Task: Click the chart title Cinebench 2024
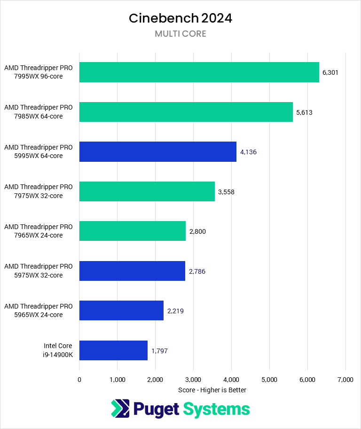180,18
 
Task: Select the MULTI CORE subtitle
180,34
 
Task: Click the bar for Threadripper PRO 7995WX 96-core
199,72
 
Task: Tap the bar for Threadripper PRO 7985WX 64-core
186,112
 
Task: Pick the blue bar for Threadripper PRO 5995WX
157,151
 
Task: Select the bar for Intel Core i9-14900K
113,350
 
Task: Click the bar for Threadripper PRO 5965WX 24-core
121,310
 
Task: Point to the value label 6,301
330,72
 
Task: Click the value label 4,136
248,152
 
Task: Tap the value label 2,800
197,231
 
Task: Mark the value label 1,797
159,351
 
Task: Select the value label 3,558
226,192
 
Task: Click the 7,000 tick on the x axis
345,379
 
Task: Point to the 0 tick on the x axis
79,379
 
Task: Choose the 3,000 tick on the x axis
193,379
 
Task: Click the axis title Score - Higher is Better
212,390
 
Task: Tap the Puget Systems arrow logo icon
120,408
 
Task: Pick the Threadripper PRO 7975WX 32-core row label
39,191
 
